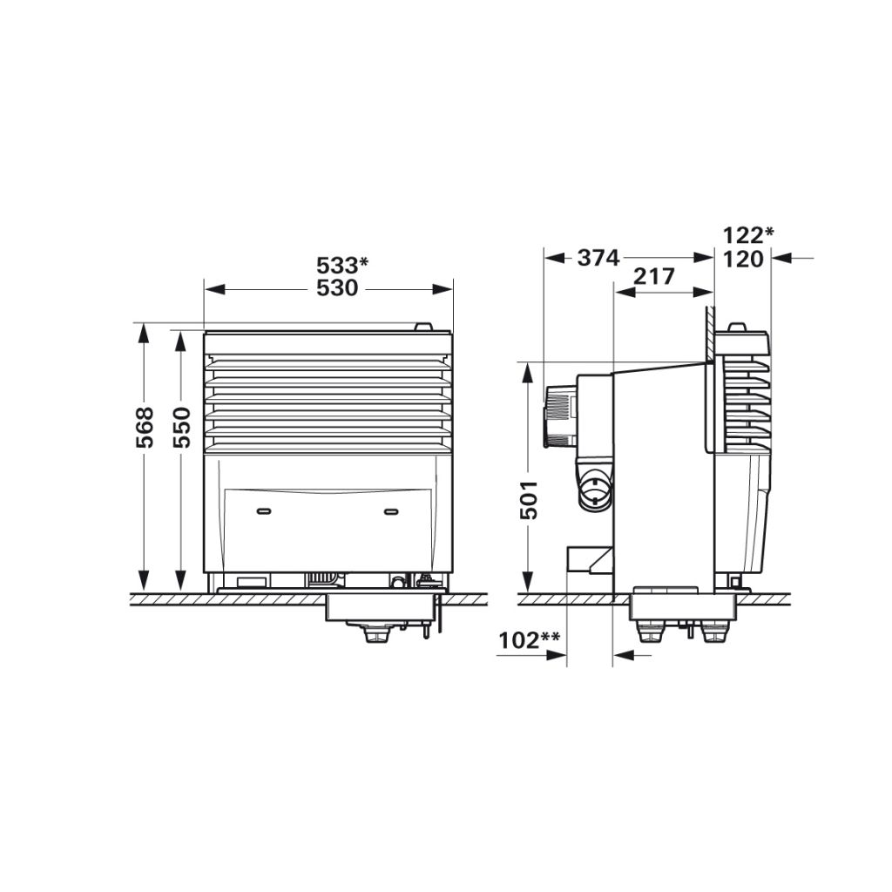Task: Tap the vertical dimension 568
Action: click(145, 427)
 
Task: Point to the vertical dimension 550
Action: click(181, 427)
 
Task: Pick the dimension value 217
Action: click(653, 277)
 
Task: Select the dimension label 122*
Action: click(748, 234)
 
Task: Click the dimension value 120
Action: click(743, 258)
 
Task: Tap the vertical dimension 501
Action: click(529, 499)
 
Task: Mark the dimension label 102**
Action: click(529, 641)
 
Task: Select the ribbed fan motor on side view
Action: click(558, 417)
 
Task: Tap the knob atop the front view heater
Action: click(422, 328)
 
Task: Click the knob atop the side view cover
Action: click(737, 328)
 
